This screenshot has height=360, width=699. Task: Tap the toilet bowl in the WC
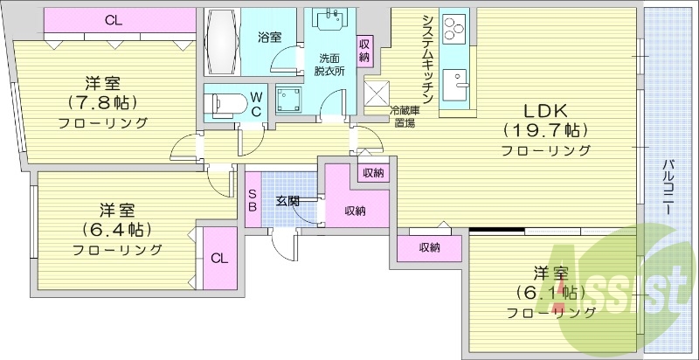click(223, 103)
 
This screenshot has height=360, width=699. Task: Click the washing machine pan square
click(287, 98)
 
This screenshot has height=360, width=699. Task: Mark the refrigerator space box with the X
click(377, 92)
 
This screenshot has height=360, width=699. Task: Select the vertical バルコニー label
click(667, 189)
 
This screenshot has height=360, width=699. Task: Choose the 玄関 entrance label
click(287, 201)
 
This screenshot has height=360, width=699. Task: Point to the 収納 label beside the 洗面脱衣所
click(364, 50)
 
